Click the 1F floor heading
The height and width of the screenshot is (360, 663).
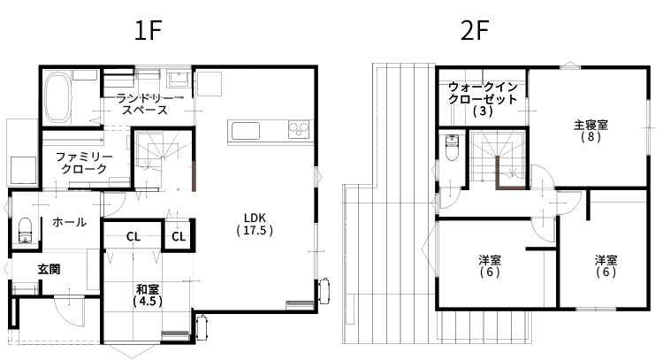[x=148, y=31]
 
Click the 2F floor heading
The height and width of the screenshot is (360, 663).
[x=475, y=31]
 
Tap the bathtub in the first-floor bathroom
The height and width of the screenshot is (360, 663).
[x=57, y=97]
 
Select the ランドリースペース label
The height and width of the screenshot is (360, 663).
[x=145, y=104]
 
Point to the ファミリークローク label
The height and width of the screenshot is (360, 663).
[x=84, y=163]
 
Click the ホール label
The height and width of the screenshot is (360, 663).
[x=69, y=222]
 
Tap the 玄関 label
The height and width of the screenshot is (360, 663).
[x=49, y=269]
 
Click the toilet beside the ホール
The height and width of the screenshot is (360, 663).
[x=26, y=230]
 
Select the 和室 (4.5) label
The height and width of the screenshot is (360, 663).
[x=148, y=295]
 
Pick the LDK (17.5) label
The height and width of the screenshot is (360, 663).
[x=255, y=224]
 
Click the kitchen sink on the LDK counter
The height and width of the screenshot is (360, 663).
[x=245, y=131]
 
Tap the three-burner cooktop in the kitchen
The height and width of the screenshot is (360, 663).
[x=299, y=129]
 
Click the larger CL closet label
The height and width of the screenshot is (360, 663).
[x=133, y=237]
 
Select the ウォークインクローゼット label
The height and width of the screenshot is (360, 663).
[x=483, y=99]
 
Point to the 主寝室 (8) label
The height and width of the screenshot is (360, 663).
[x=591, y=131]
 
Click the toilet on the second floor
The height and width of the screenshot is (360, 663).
[x=452, y=148]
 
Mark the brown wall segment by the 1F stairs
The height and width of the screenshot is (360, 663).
[x=194, y=176]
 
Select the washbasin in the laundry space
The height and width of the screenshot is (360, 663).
[x=177, y=79]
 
